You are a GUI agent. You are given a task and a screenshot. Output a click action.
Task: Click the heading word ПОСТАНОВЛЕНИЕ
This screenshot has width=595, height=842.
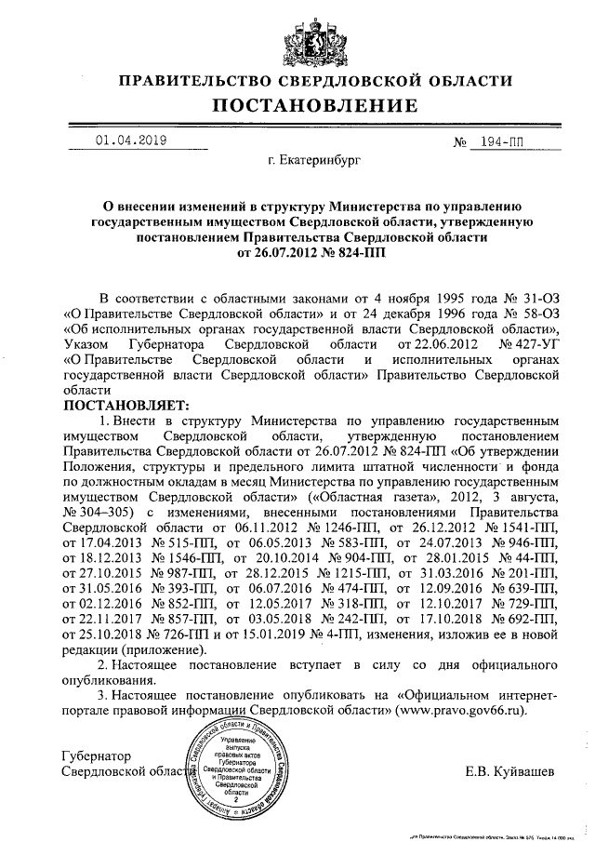point(297,106)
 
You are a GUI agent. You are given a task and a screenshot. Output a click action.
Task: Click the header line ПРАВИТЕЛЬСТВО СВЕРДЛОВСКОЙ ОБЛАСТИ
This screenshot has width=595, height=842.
point(297,81)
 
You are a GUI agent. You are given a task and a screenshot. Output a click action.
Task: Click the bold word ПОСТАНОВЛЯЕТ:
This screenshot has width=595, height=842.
point(125,406)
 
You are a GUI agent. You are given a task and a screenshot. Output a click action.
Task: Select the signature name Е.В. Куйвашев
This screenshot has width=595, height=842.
point(510,771)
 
